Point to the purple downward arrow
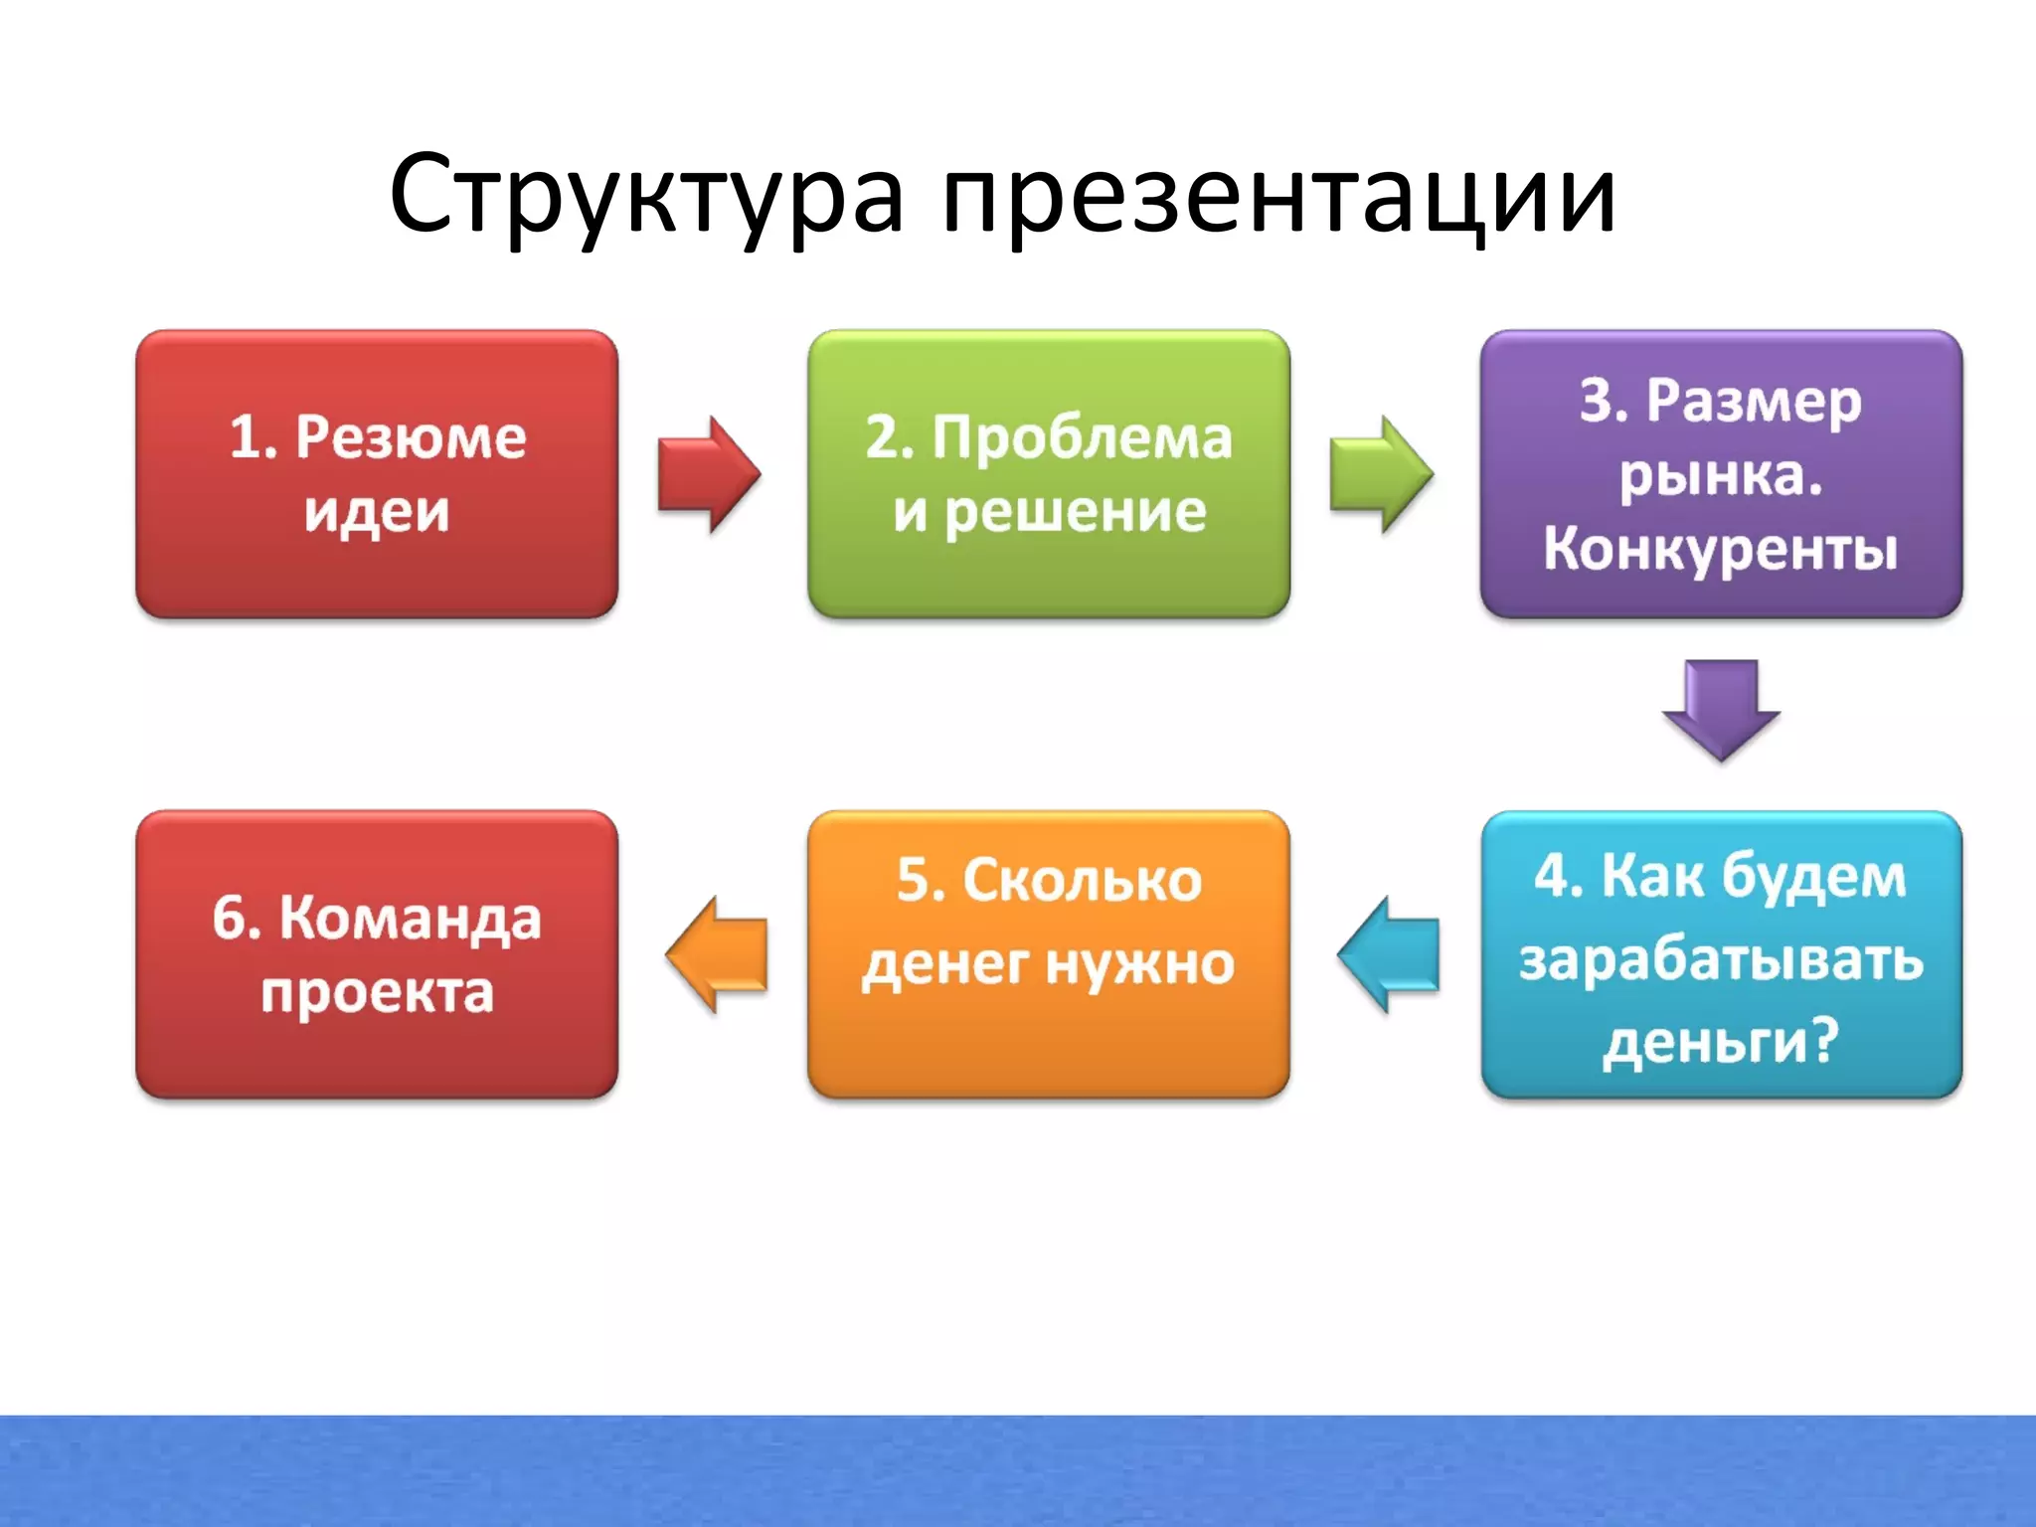pyautogui.click(x=1721, y=709)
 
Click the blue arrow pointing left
pyautogui.click(x=1389, y=954)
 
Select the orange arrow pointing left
pyautogui.click(x=717, y=954)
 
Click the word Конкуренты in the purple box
pyautogui.click(x=1721, y=548)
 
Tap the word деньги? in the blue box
pyautogui.click(x=1721, y=1041)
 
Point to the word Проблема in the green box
pyautogui.click(x=1082, y=437)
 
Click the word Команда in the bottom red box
pyautogui.click(x=410, y=918)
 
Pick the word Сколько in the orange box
pyautogui.click(x=1082, y=881)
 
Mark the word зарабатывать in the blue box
pyautogui.click(x=1721, y=959)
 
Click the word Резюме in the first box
pyautogui.click(x=410, y=437)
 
